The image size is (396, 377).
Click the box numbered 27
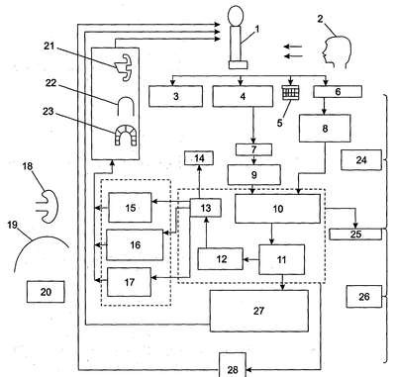pyautogui.click(x=259, y=311)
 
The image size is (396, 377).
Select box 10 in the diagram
pyautogui.click(x=277, y=209)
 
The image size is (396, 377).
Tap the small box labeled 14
pyautogui.click(x=199, y=158)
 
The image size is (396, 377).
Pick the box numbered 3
pyautogui.click(x=175, y=96)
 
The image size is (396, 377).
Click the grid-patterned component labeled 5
pyautogui.click(x=291, y=93)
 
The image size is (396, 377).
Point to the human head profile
pyautogui.click(x=337, y=52)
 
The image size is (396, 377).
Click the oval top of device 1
pyautogui.click(x=237, y=16)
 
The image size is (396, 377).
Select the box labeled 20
pyautogui.click(x=46, y=292)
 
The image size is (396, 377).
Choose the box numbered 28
pyautogui.click(x=233, y=365)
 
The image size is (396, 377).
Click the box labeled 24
pyautogui.click(x=361, y=160)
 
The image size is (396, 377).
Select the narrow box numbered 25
pyautogui.click(x=355, y=235)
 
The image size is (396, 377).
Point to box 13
pyautogui.click(x=206, y=208)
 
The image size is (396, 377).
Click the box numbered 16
pyautogui.click(x=135, y=244)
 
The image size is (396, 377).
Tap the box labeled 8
pyautogui.click(x=325, y=129)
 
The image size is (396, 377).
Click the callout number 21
pyautogui.click(x=49, y=47)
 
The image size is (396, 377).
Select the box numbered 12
pyautogui.click(x=221, y=259)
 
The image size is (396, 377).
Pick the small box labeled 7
pyautogui.click(x=253, y=149)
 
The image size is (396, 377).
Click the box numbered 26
pyautogui.click(x=364, y=297)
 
